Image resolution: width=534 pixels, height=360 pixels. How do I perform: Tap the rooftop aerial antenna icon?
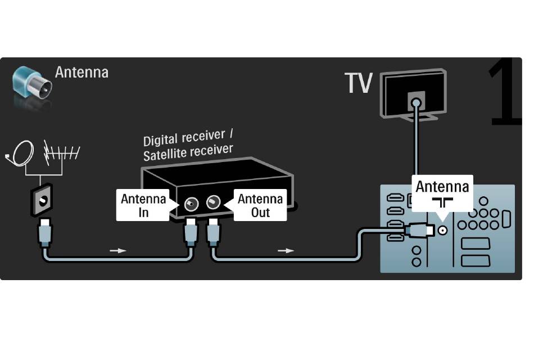(x=61, y=153)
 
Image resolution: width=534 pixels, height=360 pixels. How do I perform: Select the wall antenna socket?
(x=42, y=200)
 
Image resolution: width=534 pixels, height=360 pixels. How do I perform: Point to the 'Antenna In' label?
(x=143, y=205)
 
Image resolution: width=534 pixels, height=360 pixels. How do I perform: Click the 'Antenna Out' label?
(x=260, y=205)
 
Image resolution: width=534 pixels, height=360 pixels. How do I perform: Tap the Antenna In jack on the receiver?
(x=191, y=204)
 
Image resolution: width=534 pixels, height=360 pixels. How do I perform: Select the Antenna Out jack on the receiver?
(x=213, y=202)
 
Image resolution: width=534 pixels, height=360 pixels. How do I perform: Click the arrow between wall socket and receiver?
(x=118, y=250)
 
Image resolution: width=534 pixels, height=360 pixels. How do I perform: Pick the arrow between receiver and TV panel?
(x=286, y=250)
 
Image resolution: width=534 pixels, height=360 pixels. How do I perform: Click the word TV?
(x=358, y=83)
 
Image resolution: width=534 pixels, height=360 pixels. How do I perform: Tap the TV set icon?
(x=414, y=94)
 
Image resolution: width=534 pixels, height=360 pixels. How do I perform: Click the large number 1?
(x=505, y=92)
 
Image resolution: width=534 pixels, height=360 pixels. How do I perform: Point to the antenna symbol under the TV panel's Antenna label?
(x=442, y=203)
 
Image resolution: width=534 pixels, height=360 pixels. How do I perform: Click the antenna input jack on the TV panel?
(x=442, y=231)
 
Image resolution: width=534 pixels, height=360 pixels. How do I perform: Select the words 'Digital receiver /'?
(x=188, y=137)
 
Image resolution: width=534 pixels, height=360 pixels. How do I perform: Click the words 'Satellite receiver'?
(x=188, y=152)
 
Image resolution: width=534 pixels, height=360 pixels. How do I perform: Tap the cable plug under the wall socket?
(x=46, y=233)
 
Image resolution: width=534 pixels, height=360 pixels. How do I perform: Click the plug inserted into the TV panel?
(x=419, y=229)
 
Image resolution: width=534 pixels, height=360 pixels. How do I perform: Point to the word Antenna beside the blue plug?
(x=82, y=72)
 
